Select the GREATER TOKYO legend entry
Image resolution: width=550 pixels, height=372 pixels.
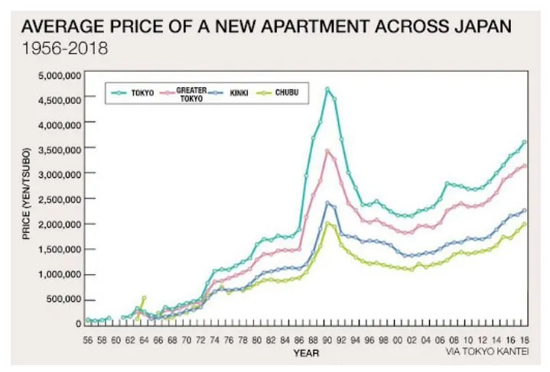point(191,93)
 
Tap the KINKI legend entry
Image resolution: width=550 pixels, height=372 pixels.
point(239,93)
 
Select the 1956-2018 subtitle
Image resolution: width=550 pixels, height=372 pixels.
point(64,48)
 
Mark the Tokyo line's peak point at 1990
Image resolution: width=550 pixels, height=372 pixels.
point(327,89)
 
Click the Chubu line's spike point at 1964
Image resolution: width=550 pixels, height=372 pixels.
point(144,297)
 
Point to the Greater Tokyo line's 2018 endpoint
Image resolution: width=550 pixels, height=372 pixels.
point(525,166)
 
